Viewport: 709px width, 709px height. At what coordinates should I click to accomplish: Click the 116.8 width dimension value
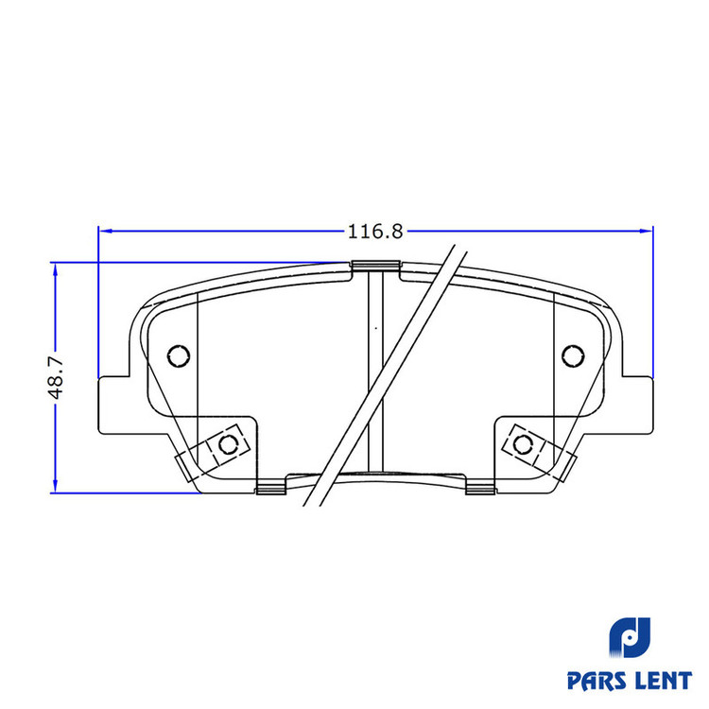click(375, 232)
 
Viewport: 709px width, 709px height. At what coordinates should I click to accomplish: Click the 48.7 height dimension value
click(57, 377)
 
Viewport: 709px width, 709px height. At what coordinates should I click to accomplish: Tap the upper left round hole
click(179, 355)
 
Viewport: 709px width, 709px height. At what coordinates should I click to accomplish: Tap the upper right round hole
click(573, 355)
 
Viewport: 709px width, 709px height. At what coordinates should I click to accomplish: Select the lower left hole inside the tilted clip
click(229, 444)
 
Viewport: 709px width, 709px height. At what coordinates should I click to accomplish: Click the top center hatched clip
click(375, 266)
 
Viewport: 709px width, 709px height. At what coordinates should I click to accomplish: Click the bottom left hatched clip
click(271, 488)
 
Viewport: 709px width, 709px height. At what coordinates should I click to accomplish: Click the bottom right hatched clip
click(480, 488)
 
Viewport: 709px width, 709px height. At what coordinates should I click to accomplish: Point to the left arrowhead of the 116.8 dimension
click(105, 231)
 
